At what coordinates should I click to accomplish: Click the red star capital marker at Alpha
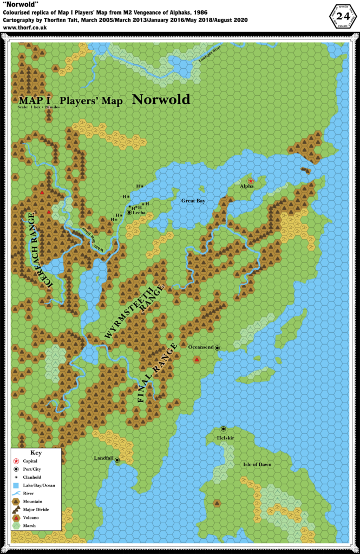pos(251,181)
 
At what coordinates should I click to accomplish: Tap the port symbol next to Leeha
pos(129,213)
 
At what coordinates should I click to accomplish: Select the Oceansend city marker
pos(217,348)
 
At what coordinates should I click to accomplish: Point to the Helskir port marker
pos(223,428)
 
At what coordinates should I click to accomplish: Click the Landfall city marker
pos(117,460)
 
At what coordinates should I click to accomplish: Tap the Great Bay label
pos(193,201)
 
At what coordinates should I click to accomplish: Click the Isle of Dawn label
pos(257,464)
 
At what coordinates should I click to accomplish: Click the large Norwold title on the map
pos(161,100)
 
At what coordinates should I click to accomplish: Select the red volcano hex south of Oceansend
pos(197,359)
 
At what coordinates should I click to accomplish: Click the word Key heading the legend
pos(36,452)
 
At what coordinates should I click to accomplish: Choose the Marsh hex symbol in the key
pos(16,525)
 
